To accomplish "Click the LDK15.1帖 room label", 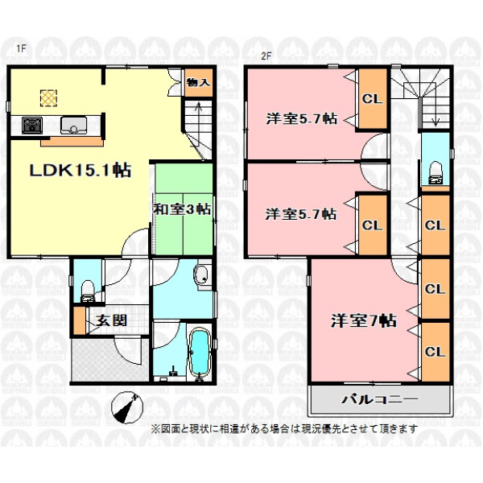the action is pos(80,170).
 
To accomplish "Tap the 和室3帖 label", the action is pos(183,209).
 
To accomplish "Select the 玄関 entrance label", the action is pos(112,320).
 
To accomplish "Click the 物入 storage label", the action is pos(199,82).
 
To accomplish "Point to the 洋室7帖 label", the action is pos(364,320).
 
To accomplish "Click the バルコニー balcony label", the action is pos(380,399).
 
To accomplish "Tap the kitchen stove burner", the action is pos(32,125).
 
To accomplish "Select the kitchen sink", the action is pos(73,125).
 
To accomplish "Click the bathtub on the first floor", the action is pos(199,353).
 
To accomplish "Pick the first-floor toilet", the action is pos(88,290).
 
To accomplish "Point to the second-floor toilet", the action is pos(436,173).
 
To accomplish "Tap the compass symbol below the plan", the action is pos(127,407).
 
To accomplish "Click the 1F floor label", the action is pos(21,48).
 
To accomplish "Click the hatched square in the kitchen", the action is pos(48,98).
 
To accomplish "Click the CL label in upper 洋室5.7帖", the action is pos(372,98).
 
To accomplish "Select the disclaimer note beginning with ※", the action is pos(284,428).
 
